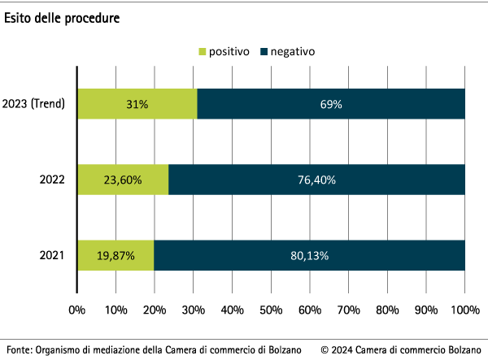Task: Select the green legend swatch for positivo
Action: point(203,51)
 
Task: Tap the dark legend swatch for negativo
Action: point(264,51)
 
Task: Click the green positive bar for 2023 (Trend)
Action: point(137,104)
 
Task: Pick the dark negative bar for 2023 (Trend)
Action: point(331,104)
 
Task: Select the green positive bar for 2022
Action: point(123,180)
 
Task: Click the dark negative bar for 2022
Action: point(316,180)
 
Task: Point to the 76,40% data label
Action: point(316,180)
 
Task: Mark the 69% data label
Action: point(331,104)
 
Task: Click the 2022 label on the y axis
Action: point(52,180)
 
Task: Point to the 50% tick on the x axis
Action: point(271,310)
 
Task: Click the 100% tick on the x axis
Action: point(464,310)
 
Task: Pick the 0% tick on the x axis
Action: point(77,310)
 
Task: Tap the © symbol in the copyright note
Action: point(325,349)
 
